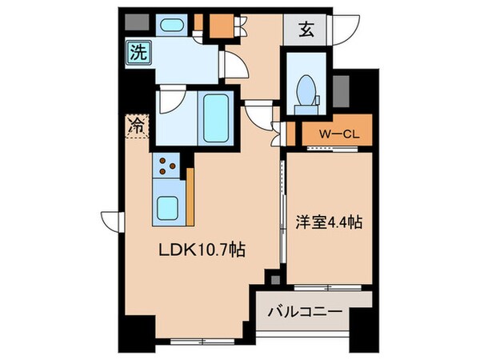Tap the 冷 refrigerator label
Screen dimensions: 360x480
pyautogui.click(x=136, y=125)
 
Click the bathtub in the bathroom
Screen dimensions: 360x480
pyautogui.click(x=214, y=114)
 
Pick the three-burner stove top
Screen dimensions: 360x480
pyautogui.click(x=169, y=166)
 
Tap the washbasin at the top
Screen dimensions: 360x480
pyautogui.click(x=171, y=25)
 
